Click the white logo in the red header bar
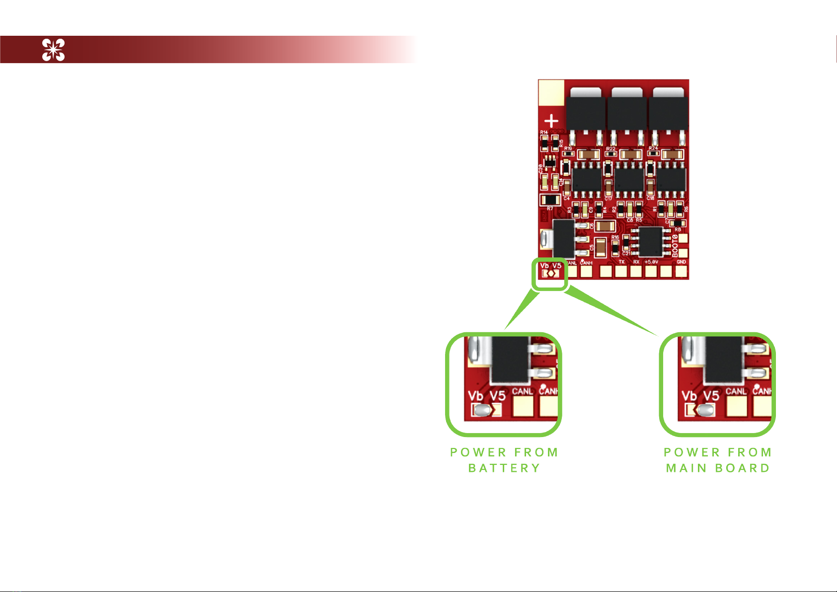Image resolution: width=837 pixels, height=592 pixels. (53, 50)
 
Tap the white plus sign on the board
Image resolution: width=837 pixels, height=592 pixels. (551, 121)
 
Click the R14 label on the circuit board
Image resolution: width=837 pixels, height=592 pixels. (544, 133)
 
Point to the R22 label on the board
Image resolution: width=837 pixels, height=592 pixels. (610, 148)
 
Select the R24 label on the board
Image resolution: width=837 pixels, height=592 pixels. (653, 148)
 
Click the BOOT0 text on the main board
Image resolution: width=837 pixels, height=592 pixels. (675, 245)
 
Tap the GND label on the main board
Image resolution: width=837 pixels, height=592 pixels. (681, 262)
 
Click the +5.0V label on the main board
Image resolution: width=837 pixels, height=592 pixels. (651, 262)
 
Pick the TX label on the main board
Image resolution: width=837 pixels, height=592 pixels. (621, 262)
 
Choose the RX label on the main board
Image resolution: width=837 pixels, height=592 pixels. (636, 262)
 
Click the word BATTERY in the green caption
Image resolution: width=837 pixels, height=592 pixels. (504, 468)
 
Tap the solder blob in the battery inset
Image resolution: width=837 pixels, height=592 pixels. (482, 410)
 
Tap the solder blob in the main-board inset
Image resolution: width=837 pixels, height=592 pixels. (706, 410)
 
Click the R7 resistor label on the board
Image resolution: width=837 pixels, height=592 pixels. (550, 209)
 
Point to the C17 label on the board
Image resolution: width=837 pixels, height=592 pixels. (609, 199)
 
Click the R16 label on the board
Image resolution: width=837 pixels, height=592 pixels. (615, 237)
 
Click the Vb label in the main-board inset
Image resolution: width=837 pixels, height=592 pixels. (689, 396)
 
